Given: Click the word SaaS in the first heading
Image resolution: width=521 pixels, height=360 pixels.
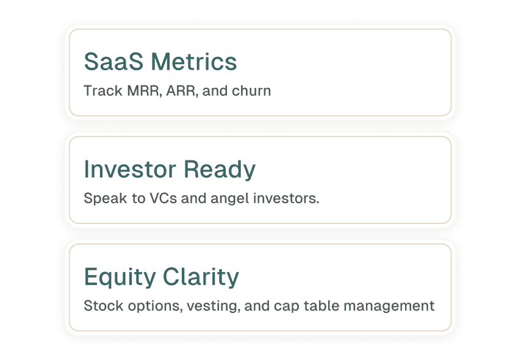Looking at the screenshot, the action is pyautogui.click(x=113, y=62).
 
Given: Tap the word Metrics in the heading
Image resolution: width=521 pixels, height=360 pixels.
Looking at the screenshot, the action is pyautogui.click(x=194, y=62).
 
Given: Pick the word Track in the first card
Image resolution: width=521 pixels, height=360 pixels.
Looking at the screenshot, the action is pyautogui.click(x=103, y=91).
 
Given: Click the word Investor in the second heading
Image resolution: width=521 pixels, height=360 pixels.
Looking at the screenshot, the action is pyautogui.click(x=130, y=169).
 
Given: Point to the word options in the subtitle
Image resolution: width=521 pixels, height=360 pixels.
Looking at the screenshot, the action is pyautogui.click(x=156, y=306).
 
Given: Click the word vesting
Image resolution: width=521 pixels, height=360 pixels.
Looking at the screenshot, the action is pyautogui.click(x=214, y=306).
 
